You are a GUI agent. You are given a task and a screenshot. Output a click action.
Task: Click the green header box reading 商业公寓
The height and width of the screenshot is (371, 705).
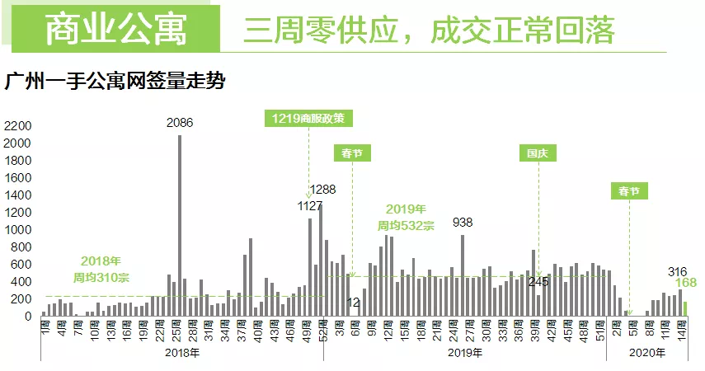tap(115, 29)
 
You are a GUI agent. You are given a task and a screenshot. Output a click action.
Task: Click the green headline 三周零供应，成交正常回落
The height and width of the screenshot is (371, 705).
tap(429, 29)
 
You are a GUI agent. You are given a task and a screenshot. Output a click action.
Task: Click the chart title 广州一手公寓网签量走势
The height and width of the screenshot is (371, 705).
tap(115, 82)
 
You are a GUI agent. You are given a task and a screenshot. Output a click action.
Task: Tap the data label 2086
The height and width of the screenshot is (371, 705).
tap(180, 124)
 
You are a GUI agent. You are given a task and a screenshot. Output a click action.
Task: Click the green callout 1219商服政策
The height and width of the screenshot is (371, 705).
tap(309, 118)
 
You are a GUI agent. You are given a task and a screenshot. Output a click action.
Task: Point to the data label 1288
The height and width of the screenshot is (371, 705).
tap(323, 190)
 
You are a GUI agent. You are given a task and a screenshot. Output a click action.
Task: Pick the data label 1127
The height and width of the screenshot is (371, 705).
tap(310, 206)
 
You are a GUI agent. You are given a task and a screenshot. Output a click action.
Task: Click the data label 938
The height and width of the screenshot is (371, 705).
tap(463, 223)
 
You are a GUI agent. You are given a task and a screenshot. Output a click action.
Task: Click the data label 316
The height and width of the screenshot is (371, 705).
tap(678, 272)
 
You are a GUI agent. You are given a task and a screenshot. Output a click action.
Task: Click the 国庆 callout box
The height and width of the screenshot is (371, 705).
tap(538, 153)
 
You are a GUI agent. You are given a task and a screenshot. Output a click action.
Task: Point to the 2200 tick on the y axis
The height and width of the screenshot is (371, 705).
tap(17, 126)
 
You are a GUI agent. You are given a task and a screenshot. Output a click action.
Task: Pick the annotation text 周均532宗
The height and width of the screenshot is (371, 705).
tap(406, 225)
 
